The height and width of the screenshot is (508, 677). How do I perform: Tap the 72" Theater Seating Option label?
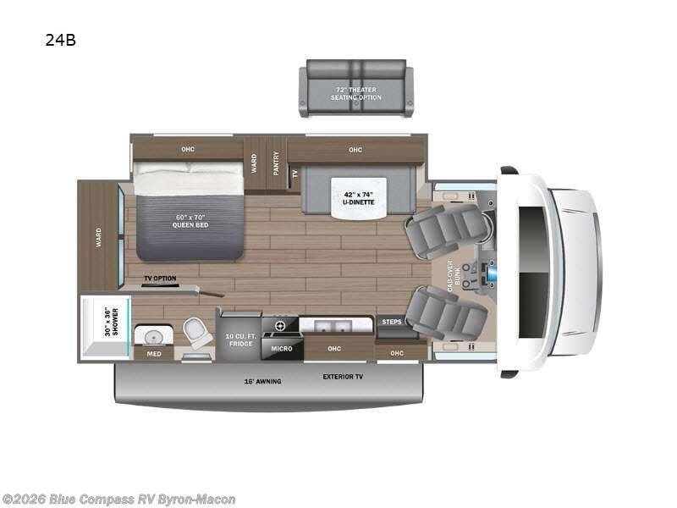[x=355, y=93]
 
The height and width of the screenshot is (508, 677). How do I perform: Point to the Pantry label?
[x=276, y=163]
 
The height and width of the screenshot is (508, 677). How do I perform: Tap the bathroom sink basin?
[x=155, y=334]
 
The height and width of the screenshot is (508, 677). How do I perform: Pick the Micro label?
[x=282, y=348]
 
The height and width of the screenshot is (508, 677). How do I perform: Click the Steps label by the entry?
[x=392, y=322]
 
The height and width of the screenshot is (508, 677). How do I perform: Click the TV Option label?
[x=159, y=279]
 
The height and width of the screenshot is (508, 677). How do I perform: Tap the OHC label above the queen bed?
[x=188, y=150]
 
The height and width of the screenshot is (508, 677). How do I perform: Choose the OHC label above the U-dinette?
[x=355, y=150]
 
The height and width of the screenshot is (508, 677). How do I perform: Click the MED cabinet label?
[x=153, y=354]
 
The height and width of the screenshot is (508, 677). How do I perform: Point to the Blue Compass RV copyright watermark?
[x=118, y=500]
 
